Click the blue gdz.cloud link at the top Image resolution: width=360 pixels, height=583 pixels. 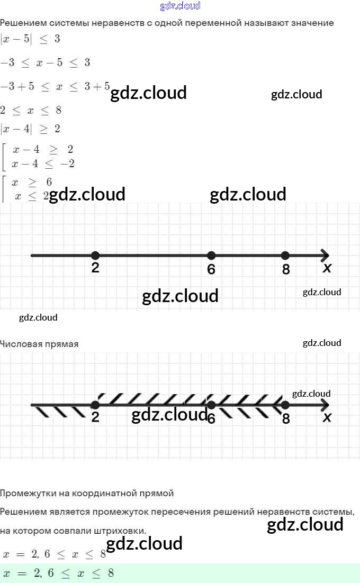180,6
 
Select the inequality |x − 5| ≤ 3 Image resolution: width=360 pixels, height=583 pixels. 30,39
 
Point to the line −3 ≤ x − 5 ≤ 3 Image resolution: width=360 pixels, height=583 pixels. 45,62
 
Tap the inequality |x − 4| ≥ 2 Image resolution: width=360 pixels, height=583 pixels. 30,129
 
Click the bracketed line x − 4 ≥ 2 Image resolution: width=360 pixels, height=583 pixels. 43,150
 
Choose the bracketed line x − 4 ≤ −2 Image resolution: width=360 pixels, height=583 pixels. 43,164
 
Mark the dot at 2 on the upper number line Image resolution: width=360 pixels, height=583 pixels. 95,256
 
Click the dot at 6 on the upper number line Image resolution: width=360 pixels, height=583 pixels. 211,256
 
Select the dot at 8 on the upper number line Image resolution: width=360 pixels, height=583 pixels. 285,256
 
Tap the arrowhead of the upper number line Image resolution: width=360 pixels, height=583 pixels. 325,256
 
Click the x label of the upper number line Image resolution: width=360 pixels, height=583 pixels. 327,268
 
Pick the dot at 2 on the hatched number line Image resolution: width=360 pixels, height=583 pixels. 95,405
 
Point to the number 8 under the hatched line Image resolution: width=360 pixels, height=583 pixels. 286,419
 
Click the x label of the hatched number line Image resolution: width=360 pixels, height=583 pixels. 327,418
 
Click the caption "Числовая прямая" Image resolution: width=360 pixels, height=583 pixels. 39,344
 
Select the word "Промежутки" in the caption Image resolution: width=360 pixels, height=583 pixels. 26,493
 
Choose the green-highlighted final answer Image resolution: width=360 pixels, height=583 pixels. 58,573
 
